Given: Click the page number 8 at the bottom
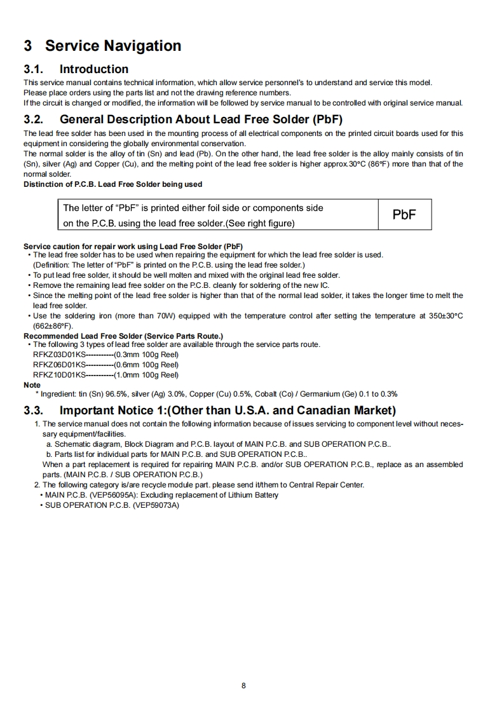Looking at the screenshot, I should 244,685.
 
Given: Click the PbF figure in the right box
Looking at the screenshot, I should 404,214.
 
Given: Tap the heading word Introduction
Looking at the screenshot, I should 94,69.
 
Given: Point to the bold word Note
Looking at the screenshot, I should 32,384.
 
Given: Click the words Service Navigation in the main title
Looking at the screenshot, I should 113,46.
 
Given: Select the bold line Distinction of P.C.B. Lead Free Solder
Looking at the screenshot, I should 113,184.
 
